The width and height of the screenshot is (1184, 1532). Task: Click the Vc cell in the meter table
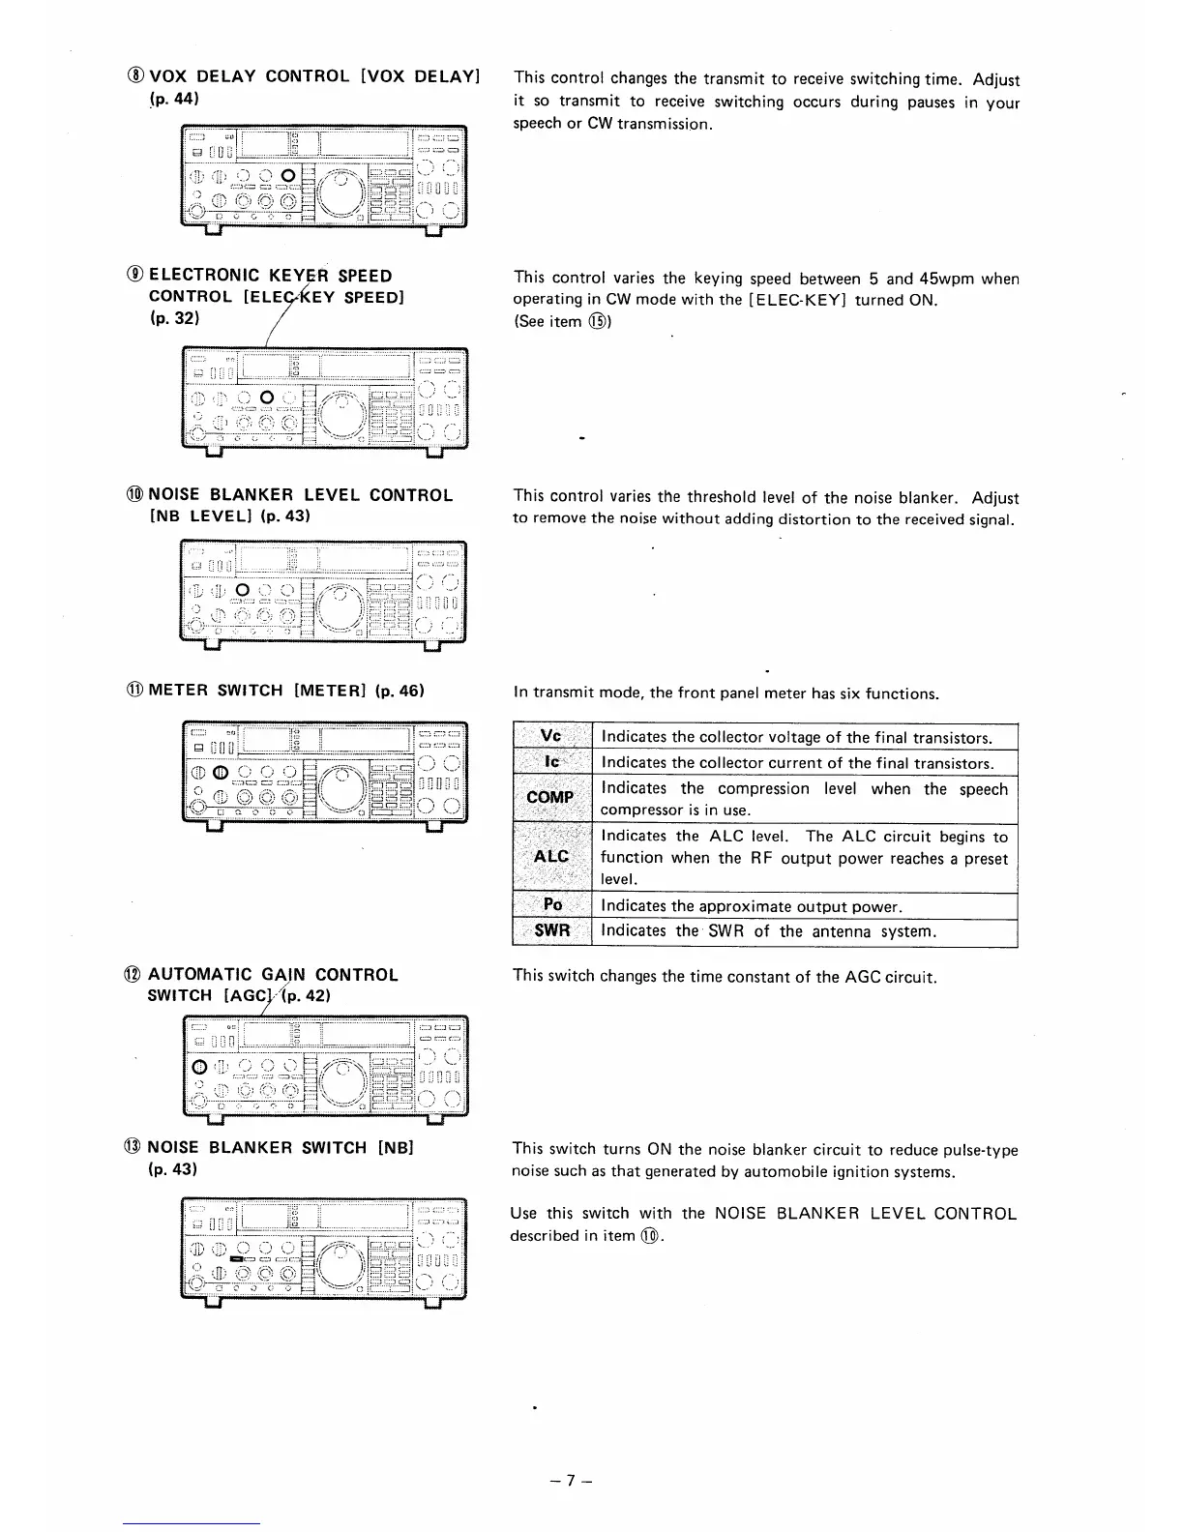coord(550,737)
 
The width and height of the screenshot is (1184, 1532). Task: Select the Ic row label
coord(551,762)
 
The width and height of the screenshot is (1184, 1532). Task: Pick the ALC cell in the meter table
coord(550,857)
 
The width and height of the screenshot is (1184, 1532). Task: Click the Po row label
coord(552,905)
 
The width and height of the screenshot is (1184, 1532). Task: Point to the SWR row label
coord(551,930)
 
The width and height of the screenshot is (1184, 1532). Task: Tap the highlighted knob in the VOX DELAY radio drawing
coord(287,175)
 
